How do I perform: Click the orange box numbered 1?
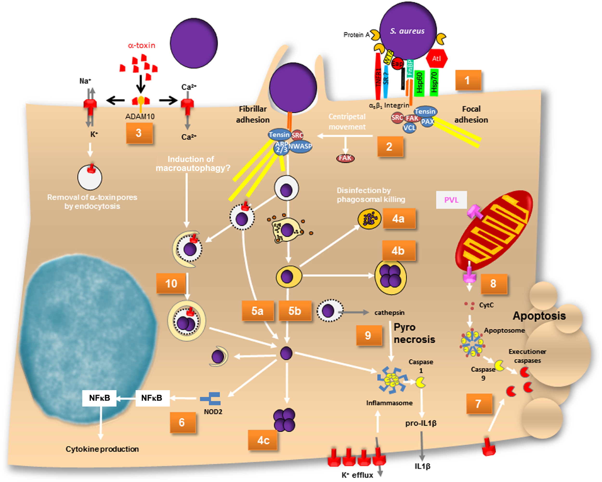[x=468, y=80]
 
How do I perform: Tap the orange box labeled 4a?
[x=399, y=219]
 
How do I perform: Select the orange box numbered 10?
[x=171, y=284]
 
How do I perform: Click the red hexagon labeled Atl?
[x=436, y=59]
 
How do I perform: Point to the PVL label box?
[x=451, y=200]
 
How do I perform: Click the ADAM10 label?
[x=140, y=116]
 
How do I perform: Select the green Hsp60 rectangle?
[x=419, y=83]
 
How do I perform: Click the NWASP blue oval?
[x=300, y=146]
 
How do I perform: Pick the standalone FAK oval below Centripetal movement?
[x=345, y=158]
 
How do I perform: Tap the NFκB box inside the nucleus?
[x=99, y=398]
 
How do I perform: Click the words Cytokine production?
[x=102, y=449]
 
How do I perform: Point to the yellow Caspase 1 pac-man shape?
[x=420, y=383]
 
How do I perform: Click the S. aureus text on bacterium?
[x=407, y=31]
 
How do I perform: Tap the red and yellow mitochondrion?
[x=494, y=230]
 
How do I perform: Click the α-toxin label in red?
[x=142, y=45]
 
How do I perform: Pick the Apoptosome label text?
[x=504, y=330]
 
